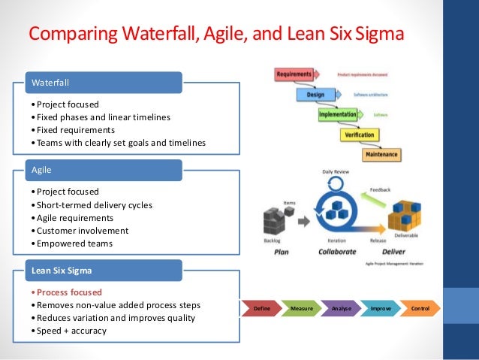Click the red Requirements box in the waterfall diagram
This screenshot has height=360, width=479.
[294, 74]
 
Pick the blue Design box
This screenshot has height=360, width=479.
[315, 95]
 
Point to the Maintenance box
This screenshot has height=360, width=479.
[381, 155]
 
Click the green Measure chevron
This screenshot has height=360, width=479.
[302, 308]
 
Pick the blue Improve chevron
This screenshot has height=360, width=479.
[380, 308]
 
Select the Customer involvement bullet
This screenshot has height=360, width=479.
[82, 231]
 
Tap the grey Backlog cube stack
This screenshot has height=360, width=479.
[276, 222]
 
